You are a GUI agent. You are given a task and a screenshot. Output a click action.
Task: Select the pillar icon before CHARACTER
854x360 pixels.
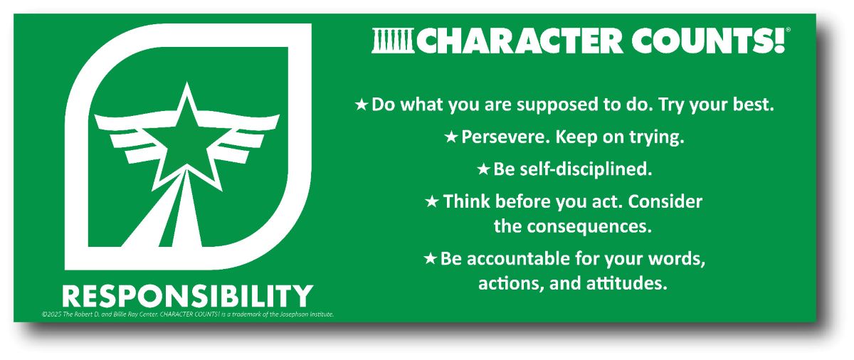click(392, 41)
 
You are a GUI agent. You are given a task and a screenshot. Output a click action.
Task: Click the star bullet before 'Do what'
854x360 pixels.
click(362, 105)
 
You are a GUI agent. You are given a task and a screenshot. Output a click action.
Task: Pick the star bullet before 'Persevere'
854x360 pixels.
click(451, 137)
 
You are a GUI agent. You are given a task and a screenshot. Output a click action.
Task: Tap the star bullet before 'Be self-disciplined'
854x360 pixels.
click(483, 170)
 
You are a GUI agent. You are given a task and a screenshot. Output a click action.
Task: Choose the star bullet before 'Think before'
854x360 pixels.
click(431, 202)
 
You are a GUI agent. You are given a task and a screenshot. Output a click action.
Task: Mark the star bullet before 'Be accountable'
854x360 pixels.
click(430, 259)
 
